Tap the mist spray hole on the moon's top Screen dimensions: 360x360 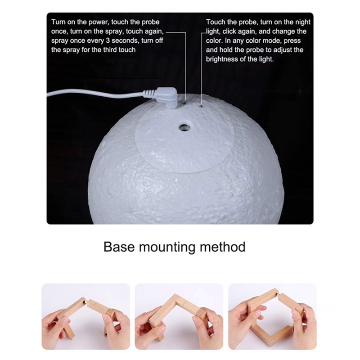click(x=184, y=127)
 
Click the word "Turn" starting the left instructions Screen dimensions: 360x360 click(x=59, y=22)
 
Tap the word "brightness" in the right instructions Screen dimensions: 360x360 click(x=222, y=59)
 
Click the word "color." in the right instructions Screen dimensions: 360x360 click(x=215, y=40)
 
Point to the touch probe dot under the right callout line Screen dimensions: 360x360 click(x=201, y=107)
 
